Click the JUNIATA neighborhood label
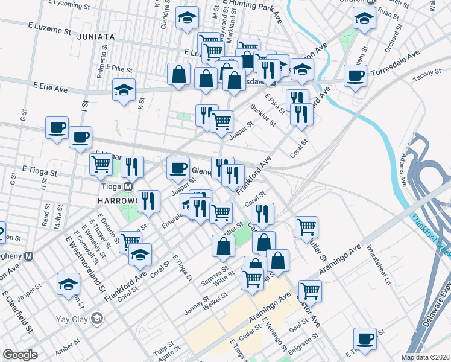(96, 37)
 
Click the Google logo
(20, 355)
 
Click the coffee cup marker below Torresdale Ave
(355, 76)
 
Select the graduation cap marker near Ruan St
(364, 19)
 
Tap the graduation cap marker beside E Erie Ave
(124, 91)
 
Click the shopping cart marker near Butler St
(307, 227)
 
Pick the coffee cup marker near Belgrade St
(365, 338)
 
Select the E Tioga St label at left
(40, 172)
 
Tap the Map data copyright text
(426, 357)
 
